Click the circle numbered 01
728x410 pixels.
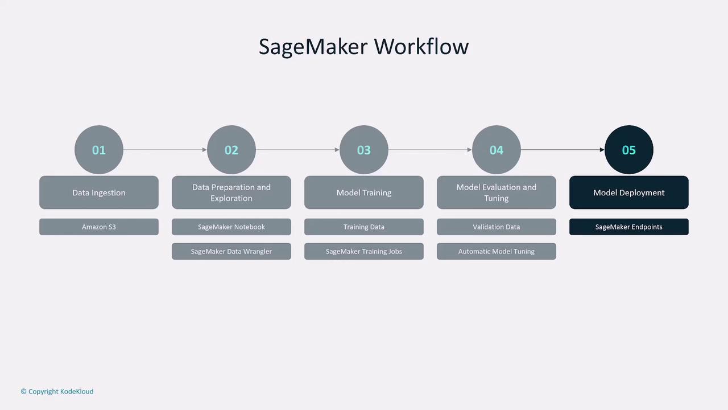pyautogui.click(x=99, y=150)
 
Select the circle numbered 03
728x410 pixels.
pyautogui.click(x=364, y=150)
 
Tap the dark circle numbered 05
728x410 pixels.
pyautogui.click(x=629, y=150)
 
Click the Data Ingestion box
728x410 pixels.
pyautogui.click(x=99, y=192)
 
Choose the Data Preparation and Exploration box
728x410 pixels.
pyautogui.click(x=231, y=192)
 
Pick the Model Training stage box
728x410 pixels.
pyautogui.click(x=364, y=192)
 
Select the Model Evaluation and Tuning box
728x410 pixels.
pyautogui.click(x=497, y=192)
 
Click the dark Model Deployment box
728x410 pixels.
pyautogui.click(x=629, y=192)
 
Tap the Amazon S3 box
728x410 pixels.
pyautogui.click(x=99, y=227)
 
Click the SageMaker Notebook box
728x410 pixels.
pyautogui.click(x=231, y=227)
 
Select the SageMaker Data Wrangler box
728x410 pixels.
pyautogui.click(x=231, y=251)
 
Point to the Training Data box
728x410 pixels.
pyautogui.click(x=364, y=227)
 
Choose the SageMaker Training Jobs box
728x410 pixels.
pyautogui.click(x=364, y=251)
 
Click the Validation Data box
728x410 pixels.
pyautogui.click(x=497, y=227)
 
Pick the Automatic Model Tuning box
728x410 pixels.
pyautogui.click(x=497, y=251)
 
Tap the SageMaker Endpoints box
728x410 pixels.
pyautogui.click(x=629, y=227)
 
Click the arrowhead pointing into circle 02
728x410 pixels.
pyautogui.click(x=205, y=150)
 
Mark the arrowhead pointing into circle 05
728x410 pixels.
pyautogui.click(x=602, y=150)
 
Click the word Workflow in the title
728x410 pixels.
pyautogui.click(x=421, y=46)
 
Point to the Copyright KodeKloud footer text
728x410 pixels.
pyautogui.click(x=57, y=391)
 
